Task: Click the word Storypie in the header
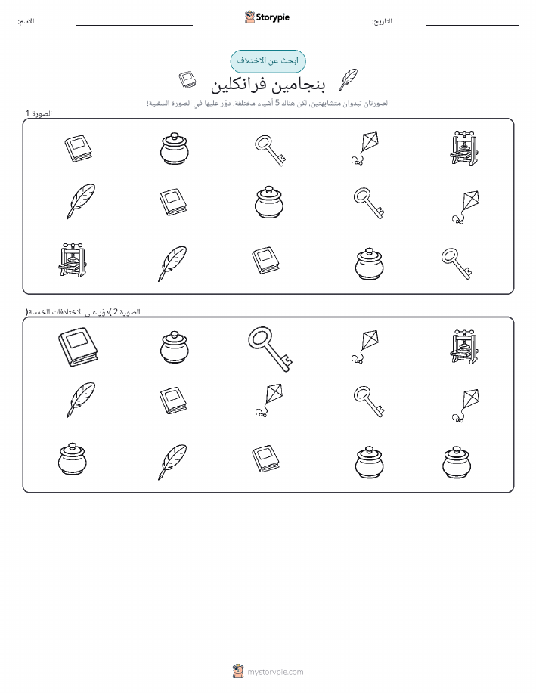coord(273,17)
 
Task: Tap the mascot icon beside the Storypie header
coord(249,17)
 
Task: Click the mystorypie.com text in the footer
coord(275,672)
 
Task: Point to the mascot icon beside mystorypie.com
coord(238,671)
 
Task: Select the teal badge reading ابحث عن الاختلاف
coord(268,61)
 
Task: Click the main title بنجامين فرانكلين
coord(268,85)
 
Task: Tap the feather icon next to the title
coord(348,80)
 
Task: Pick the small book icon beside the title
coord(187,80)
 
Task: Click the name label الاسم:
coord(26,21)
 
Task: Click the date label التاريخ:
coord(382,21)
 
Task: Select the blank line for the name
coord(134,25)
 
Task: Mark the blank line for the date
coord(472,25)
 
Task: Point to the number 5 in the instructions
coord(277,103)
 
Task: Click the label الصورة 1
coord(39,113)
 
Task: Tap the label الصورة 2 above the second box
coord(124,311)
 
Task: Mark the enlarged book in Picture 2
coord(78,347)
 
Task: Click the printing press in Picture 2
coord(463,346)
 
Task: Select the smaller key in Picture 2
coord(368,401)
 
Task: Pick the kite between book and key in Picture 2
coord(269,400)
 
